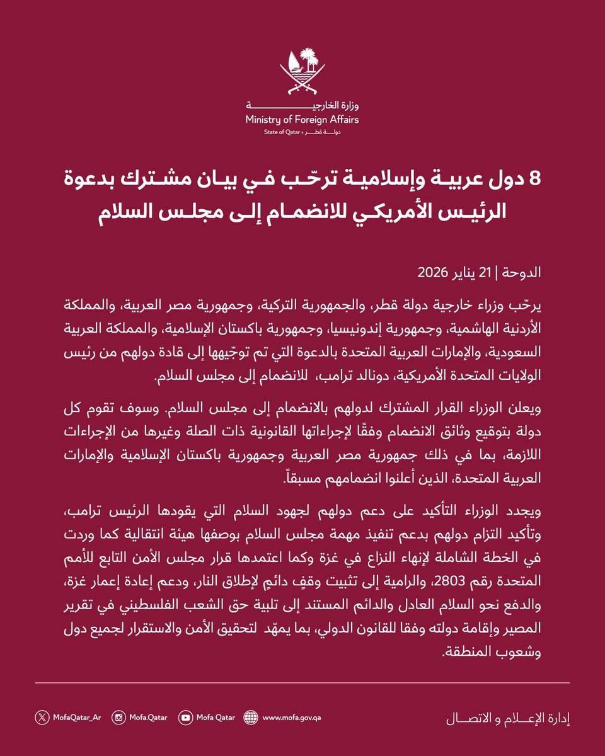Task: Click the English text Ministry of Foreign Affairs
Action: coord(302,120)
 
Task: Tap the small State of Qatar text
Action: coord(283,134)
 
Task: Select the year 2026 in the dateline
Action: coord(432,274)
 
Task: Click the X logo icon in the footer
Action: coord(42,717)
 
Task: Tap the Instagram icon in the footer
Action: coord(118,717)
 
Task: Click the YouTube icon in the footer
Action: coord(186,717)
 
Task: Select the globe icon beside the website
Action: coord(250,717)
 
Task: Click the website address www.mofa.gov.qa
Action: coord(292,717)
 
